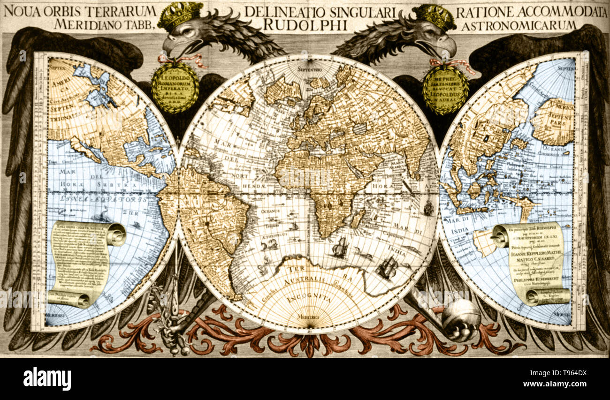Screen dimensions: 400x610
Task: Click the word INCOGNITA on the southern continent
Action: coord(310,299)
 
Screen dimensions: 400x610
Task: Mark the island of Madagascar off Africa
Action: coord(358,219)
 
